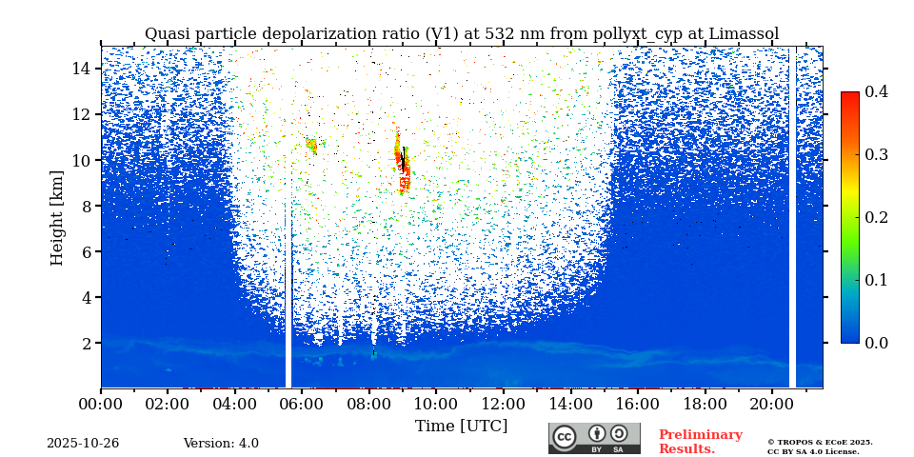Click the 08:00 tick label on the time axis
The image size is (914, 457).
click(x=369, y=403)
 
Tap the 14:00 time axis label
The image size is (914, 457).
click(x=570, y=403)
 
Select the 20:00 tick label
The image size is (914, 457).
click(x=771, y=403)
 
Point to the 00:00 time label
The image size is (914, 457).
click(x=101, y=403)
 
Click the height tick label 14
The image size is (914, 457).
click(x=81, y=69)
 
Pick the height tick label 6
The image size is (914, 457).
click(x=86, y=251)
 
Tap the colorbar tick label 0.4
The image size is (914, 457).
click(x=876, y=91)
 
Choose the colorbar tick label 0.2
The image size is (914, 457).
click(x=876, y=217)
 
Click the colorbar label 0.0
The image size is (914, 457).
click(x=876, y=343)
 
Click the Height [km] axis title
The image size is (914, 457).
click(x=56, y=218)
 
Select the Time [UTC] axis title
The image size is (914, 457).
click(x=461, y=427)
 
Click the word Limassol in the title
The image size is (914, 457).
click(x=744, y=34)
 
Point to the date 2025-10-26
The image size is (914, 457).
click(x=83, y=444)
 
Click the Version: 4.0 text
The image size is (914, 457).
click(x=221, y=444)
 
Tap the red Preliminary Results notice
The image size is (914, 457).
click(x=701, y=442)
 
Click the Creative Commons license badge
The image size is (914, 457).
click(x=594, y=438)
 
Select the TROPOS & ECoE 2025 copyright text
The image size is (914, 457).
click(x=820, y=443)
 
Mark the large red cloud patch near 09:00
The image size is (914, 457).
click(x=403, y=163)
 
